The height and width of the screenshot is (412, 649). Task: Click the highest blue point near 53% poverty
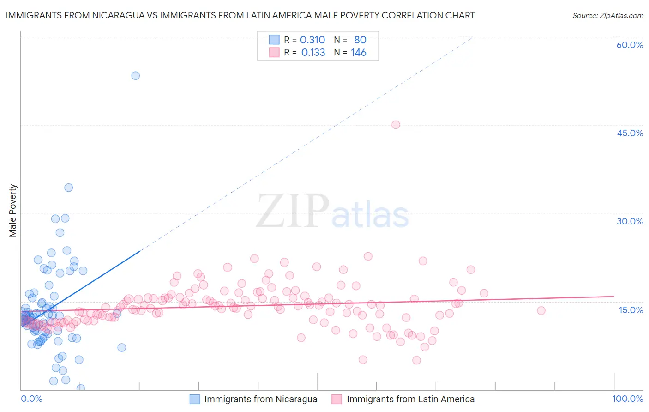[x=135, y=75]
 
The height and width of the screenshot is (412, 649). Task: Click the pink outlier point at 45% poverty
[x=396, y=124]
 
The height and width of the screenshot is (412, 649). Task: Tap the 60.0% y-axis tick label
[x=630, y=45]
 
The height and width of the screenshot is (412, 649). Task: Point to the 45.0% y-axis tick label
[x=630, y=133]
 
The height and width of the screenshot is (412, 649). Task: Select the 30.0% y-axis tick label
[x=630, y=221]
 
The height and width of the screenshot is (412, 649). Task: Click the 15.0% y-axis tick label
[x=631, y=310]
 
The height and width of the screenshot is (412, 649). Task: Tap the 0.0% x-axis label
[x=31, y=399]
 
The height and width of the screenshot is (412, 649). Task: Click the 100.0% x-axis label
[x=627, y=399]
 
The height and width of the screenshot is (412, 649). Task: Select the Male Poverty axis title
[x=13, y=211]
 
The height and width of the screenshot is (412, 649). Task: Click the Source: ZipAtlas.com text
[x=607, y=16]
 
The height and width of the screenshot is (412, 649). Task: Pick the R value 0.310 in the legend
[x=312, y=40]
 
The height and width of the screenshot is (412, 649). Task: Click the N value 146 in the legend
[x=358, y=53]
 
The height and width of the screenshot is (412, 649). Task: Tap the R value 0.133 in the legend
[x=313, y=53]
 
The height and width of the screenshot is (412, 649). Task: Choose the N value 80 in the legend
[x=360, y=40]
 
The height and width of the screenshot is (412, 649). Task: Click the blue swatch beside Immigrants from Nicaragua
[x=195, y=399]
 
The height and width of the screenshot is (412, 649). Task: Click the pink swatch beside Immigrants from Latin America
[x=337, y=399]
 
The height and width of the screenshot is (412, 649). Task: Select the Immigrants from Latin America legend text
[x=410, y=399]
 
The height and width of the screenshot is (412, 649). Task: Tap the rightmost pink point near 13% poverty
[x=541, y=310]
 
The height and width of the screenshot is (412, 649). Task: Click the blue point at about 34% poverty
[x=68, y=188]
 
